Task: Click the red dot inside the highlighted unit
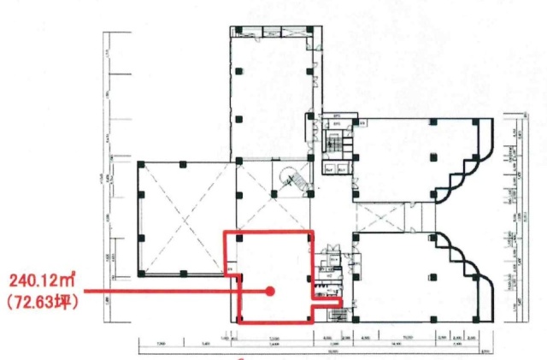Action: pos(271,291)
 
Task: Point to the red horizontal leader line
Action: pos(171,291)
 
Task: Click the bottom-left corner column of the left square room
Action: pos(139,274)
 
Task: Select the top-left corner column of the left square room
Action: pos(139,162)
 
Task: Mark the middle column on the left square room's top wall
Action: pos(183,162)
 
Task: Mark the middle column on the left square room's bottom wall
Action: pos(183,274)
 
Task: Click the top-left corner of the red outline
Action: pos(225,232)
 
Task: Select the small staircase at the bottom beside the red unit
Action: pos(336,316)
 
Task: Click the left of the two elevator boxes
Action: pos(329,169)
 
